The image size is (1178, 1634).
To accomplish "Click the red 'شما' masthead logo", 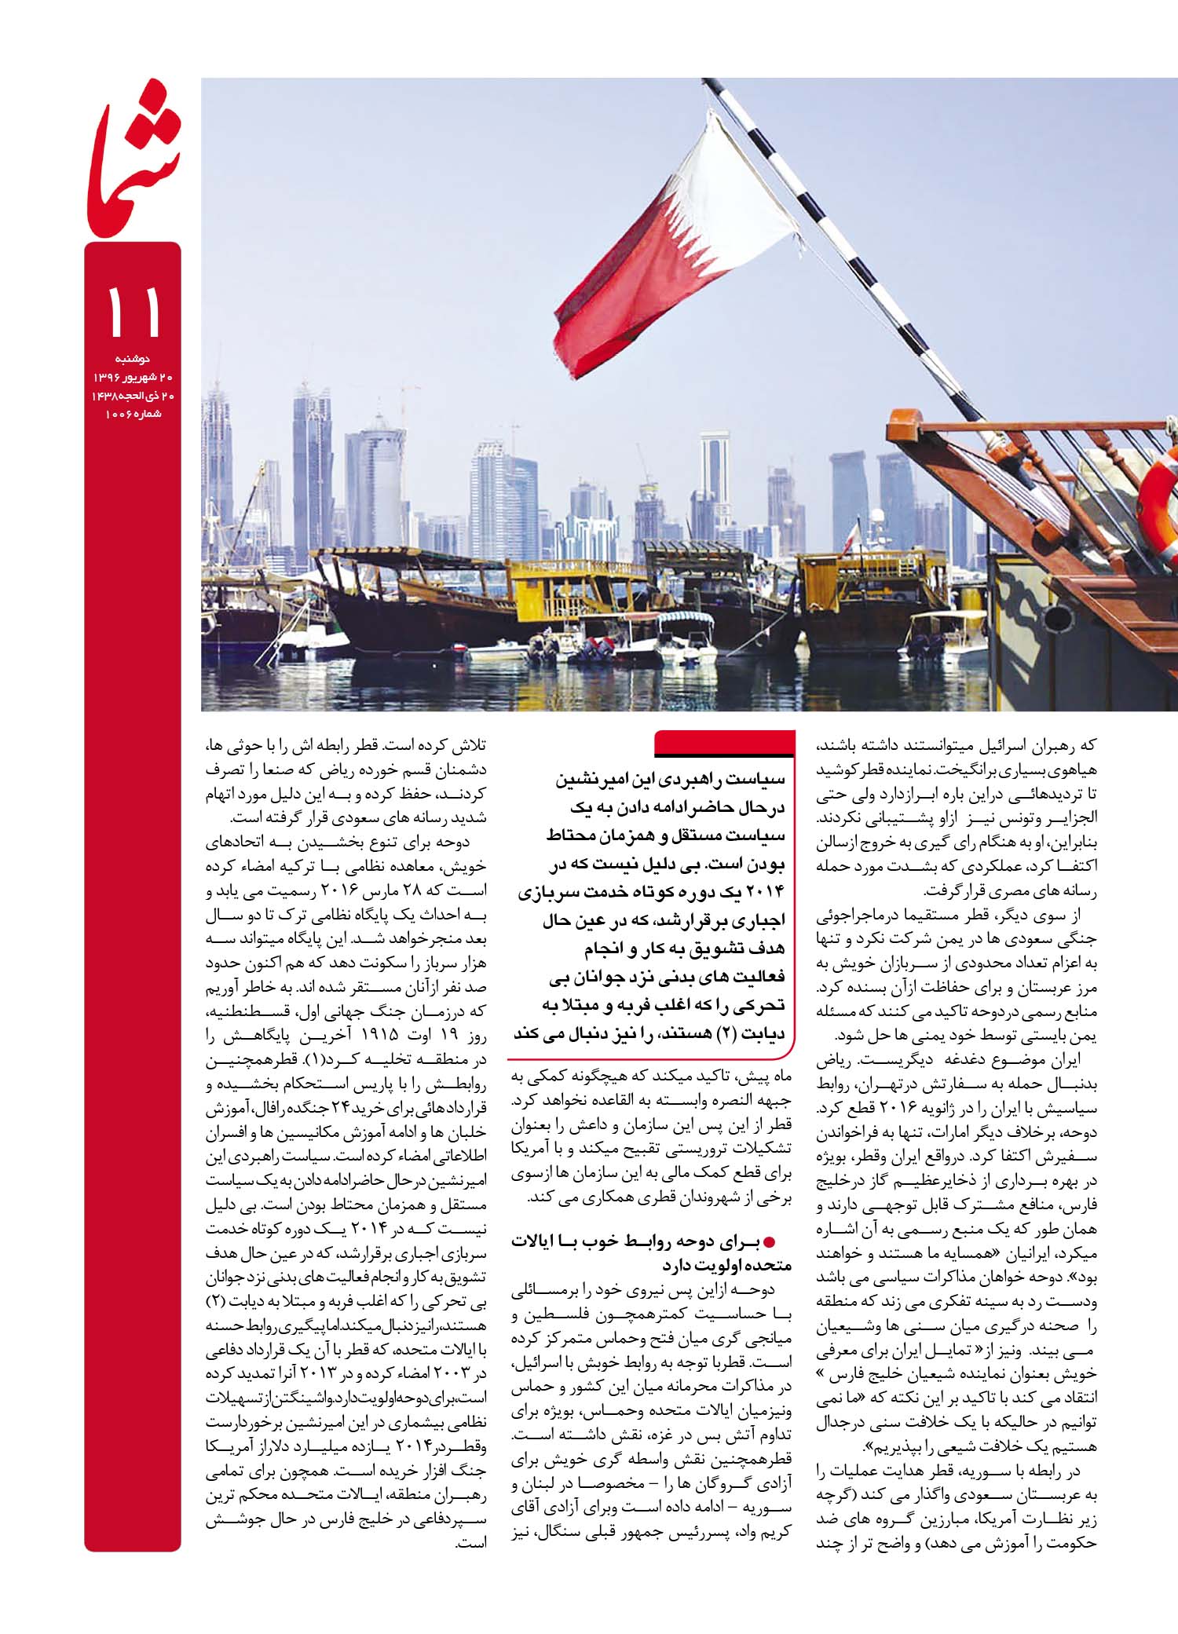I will click(134, 169).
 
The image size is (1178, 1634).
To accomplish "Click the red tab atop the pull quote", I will click(722, 742).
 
